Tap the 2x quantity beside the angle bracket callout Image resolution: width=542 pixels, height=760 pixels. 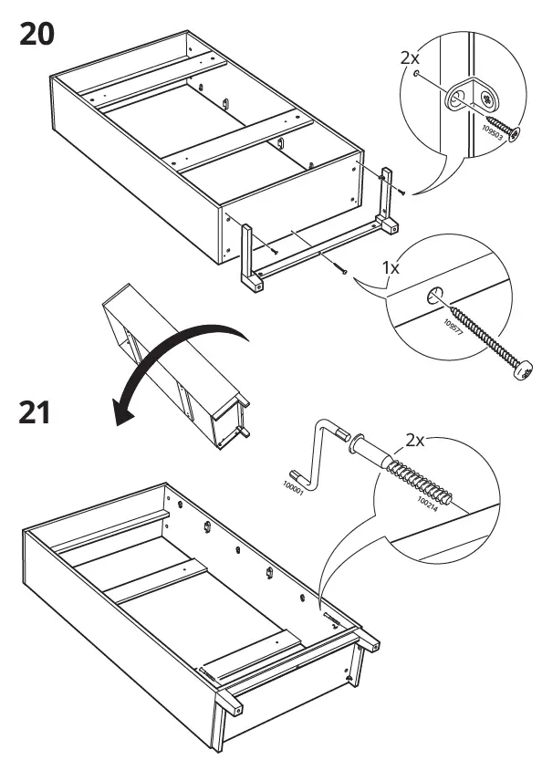pyautogui.click(x=412, y=57)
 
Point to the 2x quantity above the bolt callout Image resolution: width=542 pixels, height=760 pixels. pyautogui.click(x=415, y=441)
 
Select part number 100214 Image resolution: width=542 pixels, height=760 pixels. pyautogui.click(x=429, y=500)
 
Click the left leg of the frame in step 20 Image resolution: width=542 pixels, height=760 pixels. pyautogui.click(x=248, y=260)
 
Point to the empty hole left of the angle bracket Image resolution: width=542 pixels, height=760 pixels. pyautogui.click(x=417, y=76)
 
